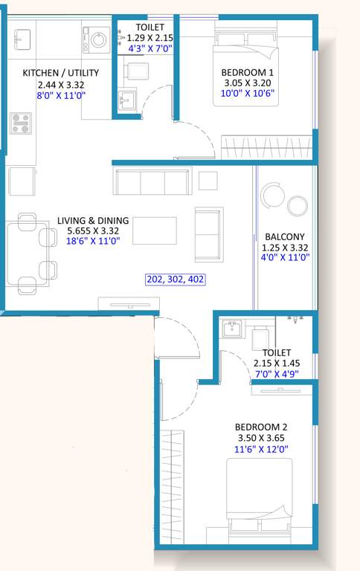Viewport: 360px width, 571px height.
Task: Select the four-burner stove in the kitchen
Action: tap(21, 123)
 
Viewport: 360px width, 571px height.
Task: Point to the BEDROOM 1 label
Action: tap(246, 72)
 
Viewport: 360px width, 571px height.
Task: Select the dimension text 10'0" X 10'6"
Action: tap(246, 94)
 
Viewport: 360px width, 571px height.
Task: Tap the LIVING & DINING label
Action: tap(93, 221)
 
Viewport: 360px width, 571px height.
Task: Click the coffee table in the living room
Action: tap(155, 230)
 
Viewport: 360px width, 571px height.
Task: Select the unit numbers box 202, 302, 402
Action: tap(175, 280)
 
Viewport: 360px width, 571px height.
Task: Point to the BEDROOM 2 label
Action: tap(261, 427)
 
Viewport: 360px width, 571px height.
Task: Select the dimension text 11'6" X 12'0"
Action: tap(261, 449)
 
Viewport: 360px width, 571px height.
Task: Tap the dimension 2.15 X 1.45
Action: tap(277, 364)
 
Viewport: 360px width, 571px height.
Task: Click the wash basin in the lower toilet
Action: tap(232, 328)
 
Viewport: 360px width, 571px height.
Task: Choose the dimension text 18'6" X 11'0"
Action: tap(93, 242)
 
